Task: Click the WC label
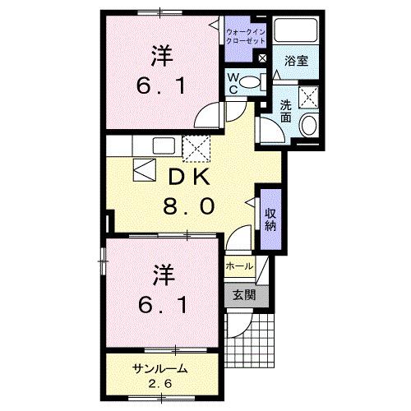(x=233, y=83)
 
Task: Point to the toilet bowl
(x=256, y=81)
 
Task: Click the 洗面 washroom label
(x=285, y=111)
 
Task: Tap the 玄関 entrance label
(x=242, y=295)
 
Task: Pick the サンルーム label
(x=160, y=369)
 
